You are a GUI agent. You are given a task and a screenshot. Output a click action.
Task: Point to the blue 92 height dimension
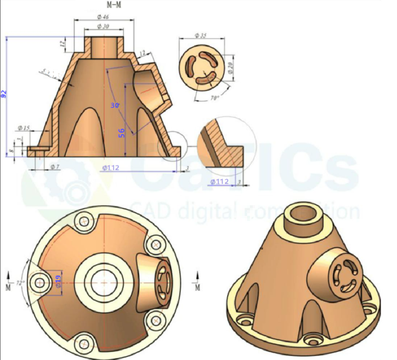4,93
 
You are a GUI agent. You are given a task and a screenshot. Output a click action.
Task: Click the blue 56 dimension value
121,132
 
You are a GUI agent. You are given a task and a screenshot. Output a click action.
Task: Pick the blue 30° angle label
115,106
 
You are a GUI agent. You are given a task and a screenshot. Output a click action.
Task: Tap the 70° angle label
200,97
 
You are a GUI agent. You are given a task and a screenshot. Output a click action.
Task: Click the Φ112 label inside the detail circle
219,182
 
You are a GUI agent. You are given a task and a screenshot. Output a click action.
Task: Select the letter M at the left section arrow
8,287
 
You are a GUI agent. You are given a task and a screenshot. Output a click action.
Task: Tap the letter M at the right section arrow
198,287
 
